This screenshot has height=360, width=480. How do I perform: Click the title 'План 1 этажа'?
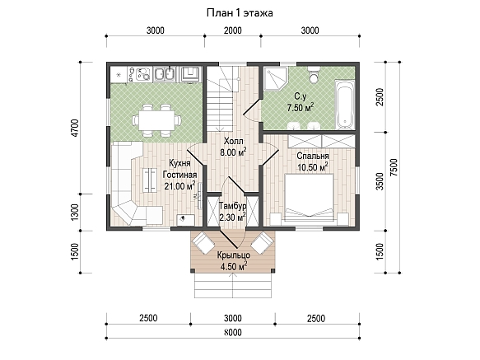click(x=240, y=13)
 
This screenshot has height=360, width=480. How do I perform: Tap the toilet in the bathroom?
click(x=314, y=74)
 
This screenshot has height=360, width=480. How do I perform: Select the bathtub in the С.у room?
click(x=345, y=105)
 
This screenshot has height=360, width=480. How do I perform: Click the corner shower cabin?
click(x=276, y=78)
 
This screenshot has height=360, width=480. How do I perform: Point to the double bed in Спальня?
click(x=310, y=197)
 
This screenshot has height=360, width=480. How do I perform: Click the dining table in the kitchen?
click(x=156, y=120)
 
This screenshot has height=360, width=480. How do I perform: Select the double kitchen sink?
click(x=165, y=74)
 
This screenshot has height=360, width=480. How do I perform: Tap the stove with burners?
click(x=140, y=74)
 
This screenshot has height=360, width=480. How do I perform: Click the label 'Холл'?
click(x=234, y=141)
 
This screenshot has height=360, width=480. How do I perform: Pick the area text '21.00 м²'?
click(x=180, y=185)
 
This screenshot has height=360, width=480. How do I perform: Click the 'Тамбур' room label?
click(x=233, y=206)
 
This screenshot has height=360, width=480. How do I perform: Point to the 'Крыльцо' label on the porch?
click(x=234, y=255)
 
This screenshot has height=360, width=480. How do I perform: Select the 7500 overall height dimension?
click(x=394, y=167)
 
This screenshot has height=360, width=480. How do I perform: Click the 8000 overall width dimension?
click(x=233, y=332)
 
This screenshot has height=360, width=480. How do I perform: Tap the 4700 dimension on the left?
click(x=75, y=128)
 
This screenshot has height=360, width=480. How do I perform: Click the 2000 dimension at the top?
click(x=233, y=30)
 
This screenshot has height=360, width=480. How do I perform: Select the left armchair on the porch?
click(x=203, y=242)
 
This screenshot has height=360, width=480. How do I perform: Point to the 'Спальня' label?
click(x=313, y=156)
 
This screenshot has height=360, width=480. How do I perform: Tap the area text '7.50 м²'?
click(x=301, y=108)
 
